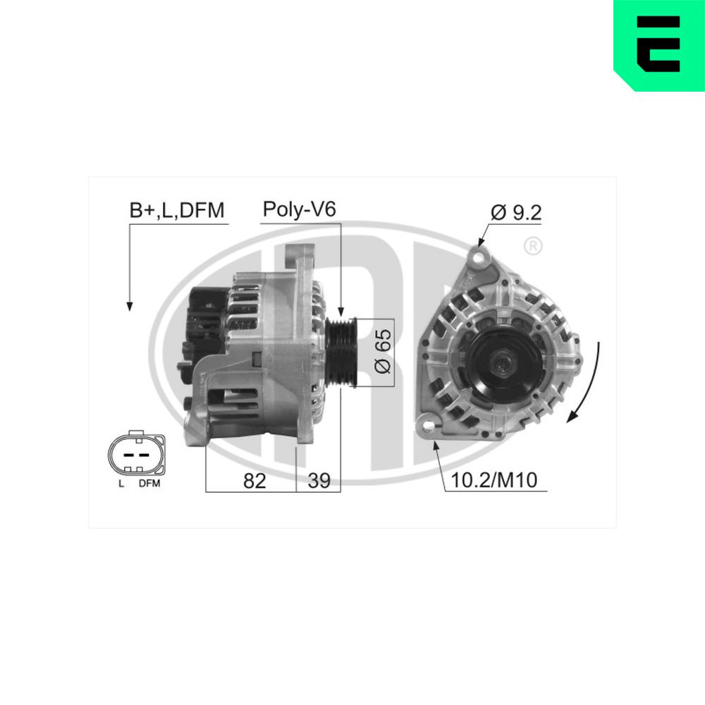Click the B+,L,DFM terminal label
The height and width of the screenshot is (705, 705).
[176, 210]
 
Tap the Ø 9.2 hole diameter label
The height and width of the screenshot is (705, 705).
[517, 213]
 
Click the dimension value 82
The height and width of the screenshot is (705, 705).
[254, 481]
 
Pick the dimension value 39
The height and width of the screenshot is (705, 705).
[319, 481]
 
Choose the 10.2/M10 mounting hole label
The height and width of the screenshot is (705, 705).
[493, 482]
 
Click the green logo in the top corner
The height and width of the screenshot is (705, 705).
[658, 45]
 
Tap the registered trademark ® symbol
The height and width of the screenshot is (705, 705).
[534, 246]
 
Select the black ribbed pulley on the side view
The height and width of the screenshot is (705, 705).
[343, 352]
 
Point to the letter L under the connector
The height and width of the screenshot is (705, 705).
[121, 484]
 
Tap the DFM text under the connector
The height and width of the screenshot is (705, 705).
[149, 484]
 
